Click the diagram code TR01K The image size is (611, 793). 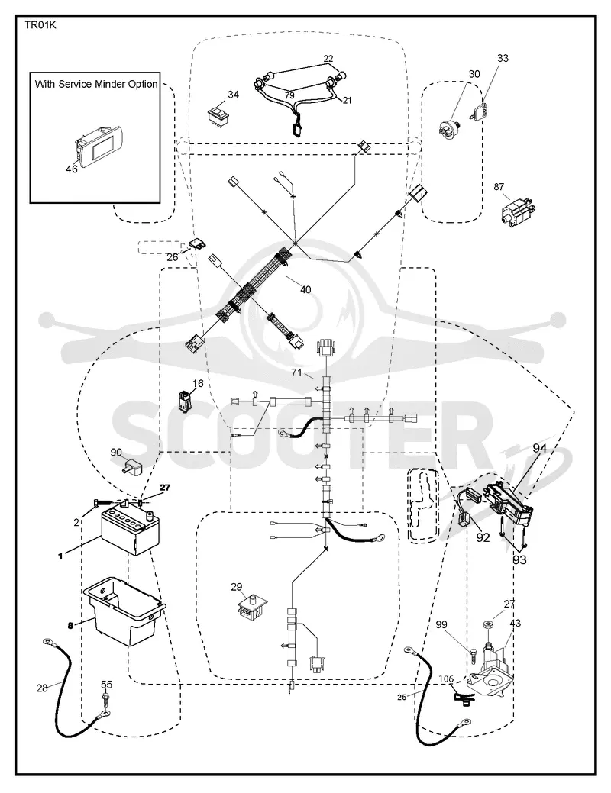(x=40, y=25)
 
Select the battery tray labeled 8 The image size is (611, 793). (x=124, y=611)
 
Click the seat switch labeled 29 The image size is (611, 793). (x=251, y=606)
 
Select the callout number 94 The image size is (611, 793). (x=539, y=448)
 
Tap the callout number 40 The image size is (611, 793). (x=305, y=289)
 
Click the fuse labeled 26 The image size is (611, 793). (x=196, y=245)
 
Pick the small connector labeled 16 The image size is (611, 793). (x=184, y=399)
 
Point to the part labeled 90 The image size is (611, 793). (x=134, y=466)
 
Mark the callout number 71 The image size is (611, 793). (x=296, y=372)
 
